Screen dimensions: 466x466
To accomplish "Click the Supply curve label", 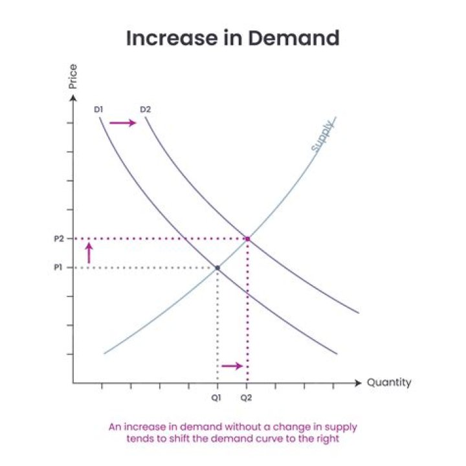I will click(322, 137).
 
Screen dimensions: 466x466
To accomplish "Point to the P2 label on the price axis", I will click(59, 239).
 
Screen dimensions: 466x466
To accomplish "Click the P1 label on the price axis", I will click(59, 267).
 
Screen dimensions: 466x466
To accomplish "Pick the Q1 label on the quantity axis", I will click(217, 397).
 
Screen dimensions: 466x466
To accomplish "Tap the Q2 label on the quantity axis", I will click(247, 397).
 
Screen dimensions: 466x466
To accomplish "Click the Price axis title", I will click(73, 76).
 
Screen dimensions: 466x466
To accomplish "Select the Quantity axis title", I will click(389, 383).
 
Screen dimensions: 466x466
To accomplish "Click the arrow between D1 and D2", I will click(123, 123).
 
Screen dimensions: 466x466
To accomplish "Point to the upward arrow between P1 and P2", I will click(89, 253).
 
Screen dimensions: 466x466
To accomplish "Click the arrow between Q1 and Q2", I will click(232, 366).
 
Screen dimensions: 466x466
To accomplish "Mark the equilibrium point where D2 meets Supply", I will click(247, 239).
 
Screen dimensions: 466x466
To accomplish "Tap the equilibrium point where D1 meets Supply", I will click(217, 267).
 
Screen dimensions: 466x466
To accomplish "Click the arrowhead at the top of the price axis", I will click(73, 95).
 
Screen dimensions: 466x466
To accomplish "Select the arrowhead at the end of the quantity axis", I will click(359, 383).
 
